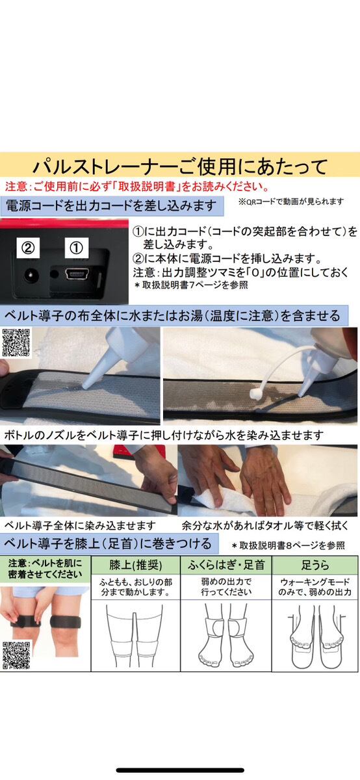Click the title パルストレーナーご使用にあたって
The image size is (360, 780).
coord(180,166)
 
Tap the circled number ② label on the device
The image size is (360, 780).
coord(28,248)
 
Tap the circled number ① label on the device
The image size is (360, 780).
coord(77,248)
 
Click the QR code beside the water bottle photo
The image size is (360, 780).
coord(16,343)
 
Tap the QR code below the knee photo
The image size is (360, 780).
coord(16,656)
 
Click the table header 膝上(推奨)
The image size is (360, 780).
coord(135,565)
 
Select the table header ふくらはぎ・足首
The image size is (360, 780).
coord(226,565)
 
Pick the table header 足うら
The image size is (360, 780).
coord(315,565)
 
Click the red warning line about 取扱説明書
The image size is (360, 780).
coord(138,187)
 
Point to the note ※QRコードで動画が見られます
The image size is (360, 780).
coord(291,201)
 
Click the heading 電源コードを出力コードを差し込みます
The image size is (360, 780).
coord(111,206)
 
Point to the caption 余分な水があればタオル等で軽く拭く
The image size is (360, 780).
coord(265,525)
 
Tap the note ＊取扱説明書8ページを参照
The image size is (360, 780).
coord(289,545)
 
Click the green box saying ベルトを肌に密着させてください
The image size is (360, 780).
coord(45,569)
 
